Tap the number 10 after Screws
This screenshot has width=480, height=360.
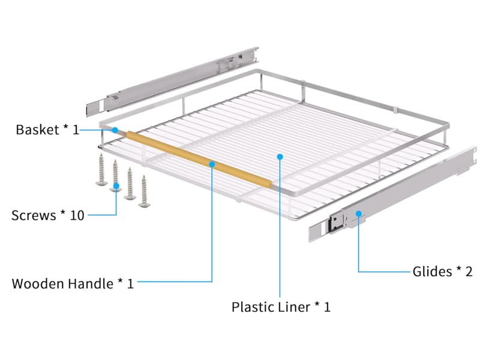click(x=76, y=215)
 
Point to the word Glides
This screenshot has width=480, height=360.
click(x=432, y=272)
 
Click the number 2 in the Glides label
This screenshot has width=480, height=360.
click(x=469, y=272)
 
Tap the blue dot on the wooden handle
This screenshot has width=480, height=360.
click(x=212, y=163)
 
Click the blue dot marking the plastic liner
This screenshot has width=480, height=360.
click(x=280, y=157)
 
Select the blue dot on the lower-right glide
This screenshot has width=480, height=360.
click(x=358, y=213)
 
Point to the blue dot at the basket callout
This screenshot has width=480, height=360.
click(x=114, y=130)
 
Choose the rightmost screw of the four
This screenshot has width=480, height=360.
click(x=144, y=191)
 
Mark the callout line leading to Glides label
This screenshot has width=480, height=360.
click(x=384, y=272)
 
